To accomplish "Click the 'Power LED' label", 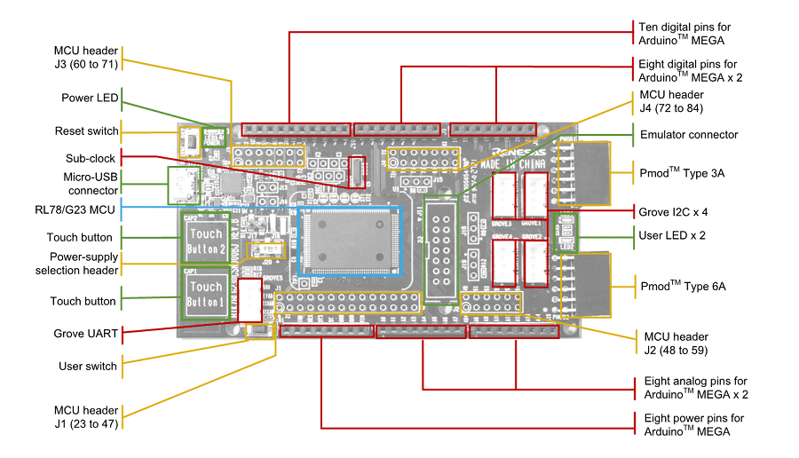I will (90, 98).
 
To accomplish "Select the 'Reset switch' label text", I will (86, 131).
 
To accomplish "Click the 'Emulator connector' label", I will (688, 135).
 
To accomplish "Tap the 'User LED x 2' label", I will (672, 235).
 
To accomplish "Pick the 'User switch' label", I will (88, 366).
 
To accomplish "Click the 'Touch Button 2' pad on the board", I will (205, 236).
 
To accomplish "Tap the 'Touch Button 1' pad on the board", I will (205, 295).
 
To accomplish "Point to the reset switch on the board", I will (188, 139).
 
